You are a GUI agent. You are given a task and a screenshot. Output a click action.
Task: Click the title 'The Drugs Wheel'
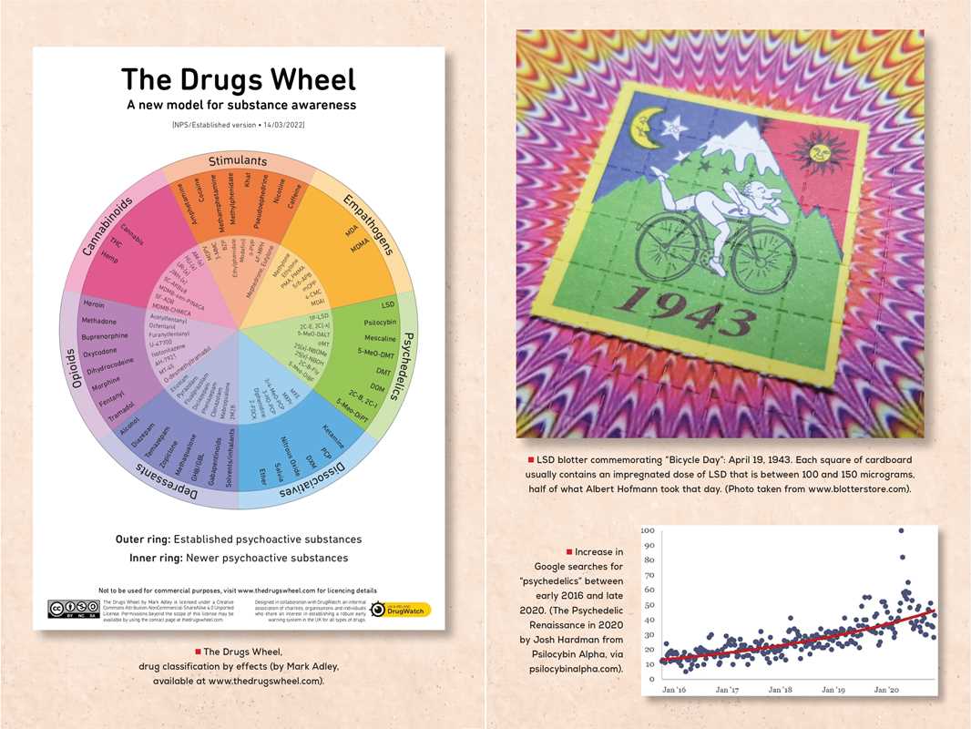(239, 79)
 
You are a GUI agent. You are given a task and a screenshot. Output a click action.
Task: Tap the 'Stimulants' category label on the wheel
(237, 161)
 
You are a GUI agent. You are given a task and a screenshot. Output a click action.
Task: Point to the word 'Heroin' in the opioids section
(93, 304)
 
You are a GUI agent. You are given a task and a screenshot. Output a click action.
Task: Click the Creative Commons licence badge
(72, 609)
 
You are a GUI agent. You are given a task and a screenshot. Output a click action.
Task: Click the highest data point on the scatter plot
(901, 530)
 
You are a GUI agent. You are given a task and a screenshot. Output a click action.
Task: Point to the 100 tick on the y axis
(649, 530)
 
